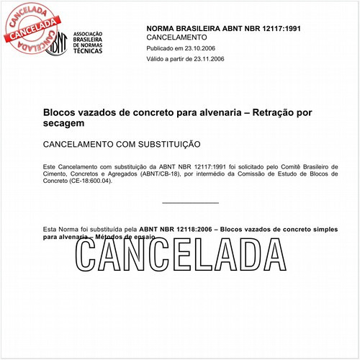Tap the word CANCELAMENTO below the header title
(x=176, y=37)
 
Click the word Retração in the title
(x=273, y=113)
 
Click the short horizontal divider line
(x=190, y=202)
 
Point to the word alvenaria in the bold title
(x=221, y=113)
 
